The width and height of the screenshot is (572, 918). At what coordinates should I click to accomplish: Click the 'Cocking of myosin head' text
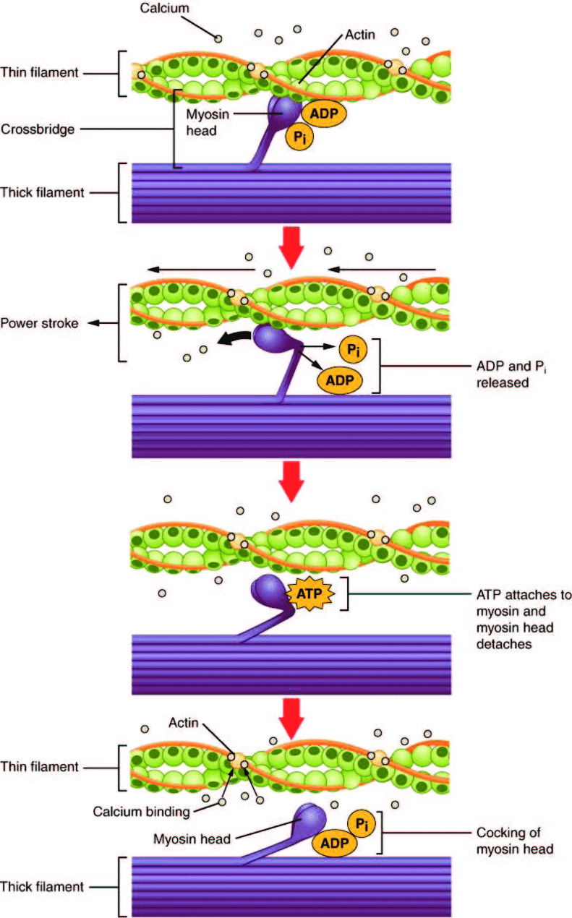514,841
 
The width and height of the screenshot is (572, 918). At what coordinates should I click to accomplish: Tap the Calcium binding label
141,811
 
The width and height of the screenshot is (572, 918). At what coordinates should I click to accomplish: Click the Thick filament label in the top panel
43,193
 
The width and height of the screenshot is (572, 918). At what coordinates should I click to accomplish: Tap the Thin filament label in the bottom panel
39,766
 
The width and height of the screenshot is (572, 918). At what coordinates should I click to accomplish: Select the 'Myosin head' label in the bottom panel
192,839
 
